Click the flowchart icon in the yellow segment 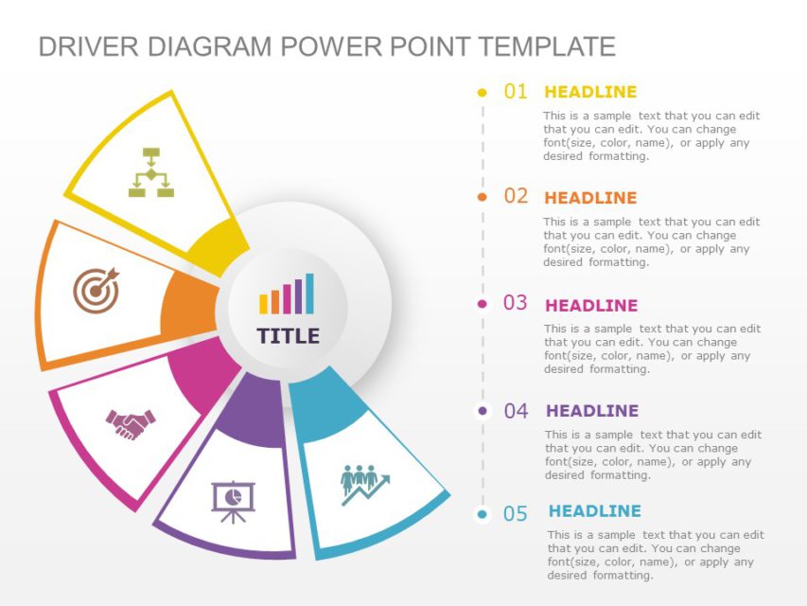tap(151, 172)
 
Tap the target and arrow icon tap(96, 289)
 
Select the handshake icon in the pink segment tap(131, 423)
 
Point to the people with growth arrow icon tap(364, 483)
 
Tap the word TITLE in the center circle tap(288, 336)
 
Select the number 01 tap(516, 92)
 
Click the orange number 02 tap(516, 196)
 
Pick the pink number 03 tap(516, 303)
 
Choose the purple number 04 tap(516, 411)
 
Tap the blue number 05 tap(516, 514)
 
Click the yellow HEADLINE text tap(590, 92)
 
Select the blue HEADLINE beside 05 tap(594, 511)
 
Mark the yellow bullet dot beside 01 tap(482, 93)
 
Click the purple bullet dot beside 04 tap(482, 411)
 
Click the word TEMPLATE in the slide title tap(546, 46)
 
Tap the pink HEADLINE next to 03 tap(591, 305)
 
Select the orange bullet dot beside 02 tap(482, 197)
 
